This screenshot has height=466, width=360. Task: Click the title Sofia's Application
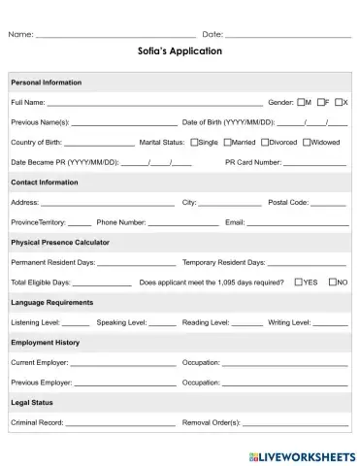180,51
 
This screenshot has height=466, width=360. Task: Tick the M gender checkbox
303,102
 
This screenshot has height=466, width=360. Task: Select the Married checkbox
228,142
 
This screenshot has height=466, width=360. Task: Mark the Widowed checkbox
307,142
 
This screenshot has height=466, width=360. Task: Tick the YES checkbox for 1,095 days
297,283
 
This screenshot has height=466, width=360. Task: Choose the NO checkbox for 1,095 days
333,283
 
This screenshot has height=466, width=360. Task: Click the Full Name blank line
155,103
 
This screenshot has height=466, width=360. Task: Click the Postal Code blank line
328,204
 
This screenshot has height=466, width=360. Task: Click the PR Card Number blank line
314,163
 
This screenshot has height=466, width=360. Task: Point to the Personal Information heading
47,83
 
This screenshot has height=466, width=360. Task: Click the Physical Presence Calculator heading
60,242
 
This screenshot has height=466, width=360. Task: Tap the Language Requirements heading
52,302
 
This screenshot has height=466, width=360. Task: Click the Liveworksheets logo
301,455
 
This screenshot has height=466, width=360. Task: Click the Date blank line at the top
287,35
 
